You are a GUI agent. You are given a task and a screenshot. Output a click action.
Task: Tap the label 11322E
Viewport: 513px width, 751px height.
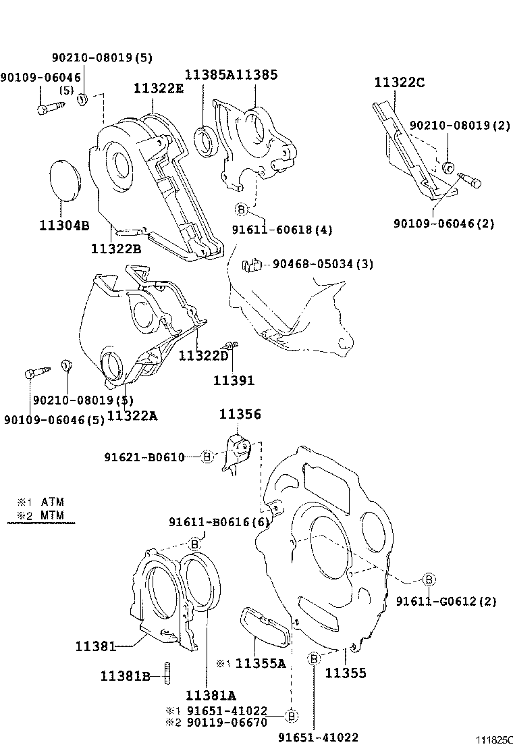158,88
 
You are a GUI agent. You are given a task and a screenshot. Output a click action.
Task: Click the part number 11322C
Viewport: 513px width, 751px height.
400,83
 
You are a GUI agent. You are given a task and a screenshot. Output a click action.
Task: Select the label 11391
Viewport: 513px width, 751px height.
234,380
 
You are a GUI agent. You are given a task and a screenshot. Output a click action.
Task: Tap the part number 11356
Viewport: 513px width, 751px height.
240,414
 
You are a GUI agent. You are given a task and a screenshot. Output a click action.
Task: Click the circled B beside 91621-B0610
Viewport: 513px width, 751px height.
207,457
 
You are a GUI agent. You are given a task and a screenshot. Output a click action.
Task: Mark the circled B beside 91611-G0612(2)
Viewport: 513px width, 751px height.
428,579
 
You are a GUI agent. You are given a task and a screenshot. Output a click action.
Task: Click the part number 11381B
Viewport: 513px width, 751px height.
125,675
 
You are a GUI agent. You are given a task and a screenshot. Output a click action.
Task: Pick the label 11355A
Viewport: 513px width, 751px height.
261,664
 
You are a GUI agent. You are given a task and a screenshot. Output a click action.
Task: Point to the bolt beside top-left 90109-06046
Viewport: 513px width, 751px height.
50,107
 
